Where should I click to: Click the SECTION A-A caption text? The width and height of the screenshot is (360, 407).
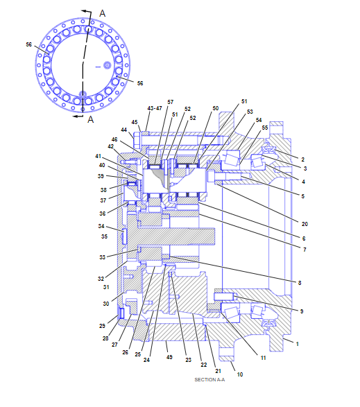[209, 380]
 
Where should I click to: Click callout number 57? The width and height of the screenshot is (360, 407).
[171, 102]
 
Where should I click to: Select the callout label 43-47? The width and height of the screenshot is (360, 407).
[155, 108]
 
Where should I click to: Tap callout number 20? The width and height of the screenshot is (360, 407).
[305, 224]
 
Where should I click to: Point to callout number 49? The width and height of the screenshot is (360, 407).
[169, 357]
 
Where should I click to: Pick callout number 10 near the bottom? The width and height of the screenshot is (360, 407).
[240, 374]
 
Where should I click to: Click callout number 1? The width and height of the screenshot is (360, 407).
[298, 344]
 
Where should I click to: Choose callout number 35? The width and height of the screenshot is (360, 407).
[105, 236]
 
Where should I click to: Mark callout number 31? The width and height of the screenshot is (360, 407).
[106, 287]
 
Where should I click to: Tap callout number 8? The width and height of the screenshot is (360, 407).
[300, 283]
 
